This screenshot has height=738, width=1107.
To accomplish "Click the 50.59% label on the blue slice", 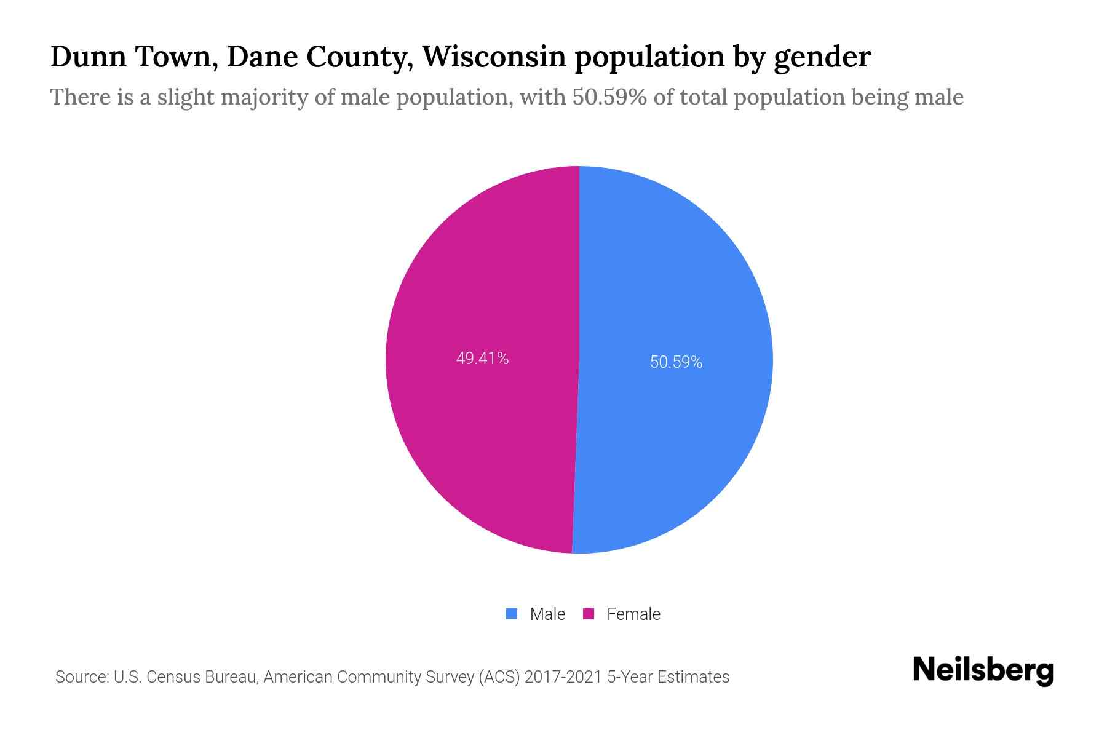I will [x=676, y=362].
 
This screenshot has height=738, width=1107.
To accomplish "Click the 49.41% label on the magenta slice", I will [x=482, y=359].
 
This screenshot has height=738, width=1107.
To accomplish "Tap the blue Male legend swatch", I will [x=511, y=614].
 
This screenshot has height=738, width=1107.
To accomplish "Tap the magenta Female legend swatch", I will [x=589, y=614].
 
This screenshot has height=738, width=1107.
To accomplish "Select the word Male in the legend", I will [x=547, y=614].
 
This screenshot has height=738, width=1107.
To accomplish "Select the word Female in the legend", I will [x=633, y=614].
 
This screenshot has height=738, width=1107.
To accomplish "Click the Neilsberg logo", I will [x=983, y=670].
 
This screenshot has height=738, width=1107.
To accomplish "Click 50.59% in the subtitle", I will [x=609, y=97].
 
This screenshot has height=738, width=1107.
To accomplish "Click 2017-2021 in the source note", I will [x=563, y=677].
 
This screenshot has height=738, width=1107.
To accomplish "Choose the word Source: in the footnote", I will [x=82, y=677].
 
